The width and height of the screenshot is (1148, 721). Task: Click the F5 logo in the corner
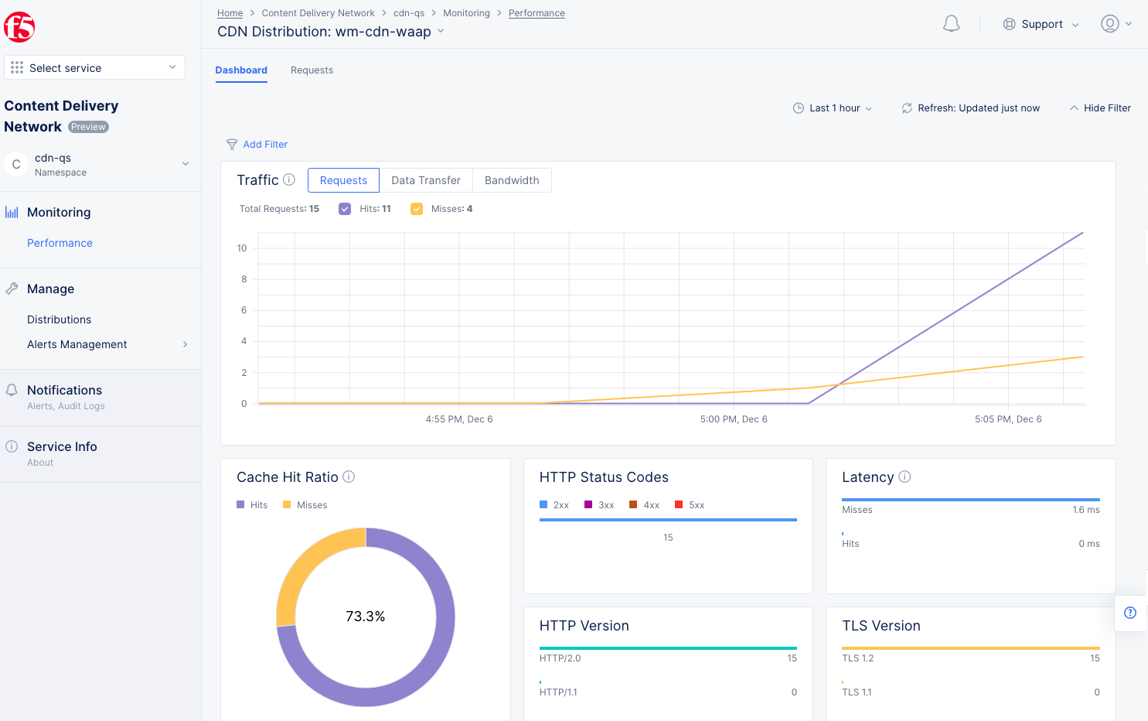pyautogui.click(x=19, y=27)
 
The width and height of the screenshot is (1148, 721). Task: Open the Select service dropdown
pyautogui.click(x=94, y=68)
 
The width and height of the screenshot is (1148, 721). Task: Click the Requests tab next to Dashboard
pyautogui.click(x=312, y=70)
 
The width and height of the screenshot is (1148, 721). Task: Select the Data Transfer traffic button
pyautogui.click(x=425, y=180)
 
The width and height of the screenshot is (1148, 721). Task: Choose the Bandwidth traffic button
pyautogui.click(x=511, y=180)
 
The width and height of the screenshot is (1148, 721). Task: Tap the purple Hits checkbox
pyautogui.click(x=345, y=209)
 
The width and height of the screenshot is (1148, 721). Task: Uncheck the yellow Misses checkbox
pyautogui.click(x=417, y=209)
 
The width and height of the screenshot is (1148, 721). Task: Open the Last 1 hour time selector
pyautogui.click(x=833, y=108)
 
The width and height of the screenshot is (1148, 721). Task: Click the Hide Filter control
pyautogui.click(x=1100, y=108)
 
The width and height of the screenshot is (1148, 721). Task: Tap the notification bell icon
pyautogui.click(x=951, y=24)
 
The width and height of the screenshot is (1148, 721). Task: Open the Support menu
pyautogui.click(x=1041, y=24)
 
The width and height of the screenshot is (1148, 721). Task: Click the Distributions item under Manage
pyautogui.click(x=59, y=319)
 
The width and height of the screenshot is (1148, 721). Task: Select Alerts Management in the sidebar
pyautogui.click(x=77, y=344)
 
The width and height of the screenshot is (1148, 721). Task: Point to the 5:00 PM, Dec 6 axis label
pyautogui.click(x=733, y=419)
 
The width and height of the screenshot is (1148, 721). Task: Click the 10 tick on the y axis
pyautogui.click(x=242, y=248)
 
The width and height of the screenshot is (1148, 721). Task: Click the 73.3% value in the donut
pyautogui.click(x=365, y=617)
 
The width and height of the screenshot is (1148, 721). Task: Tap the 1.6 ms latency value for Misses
pyautogui.click(x=1085, y=510)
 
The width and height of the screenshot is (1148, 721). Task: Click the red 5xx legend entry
pyautogui.click(x=690, y=505)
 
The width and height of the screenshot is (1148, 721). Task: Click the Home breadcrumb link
pyautogui.click(x=230, y=13)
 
